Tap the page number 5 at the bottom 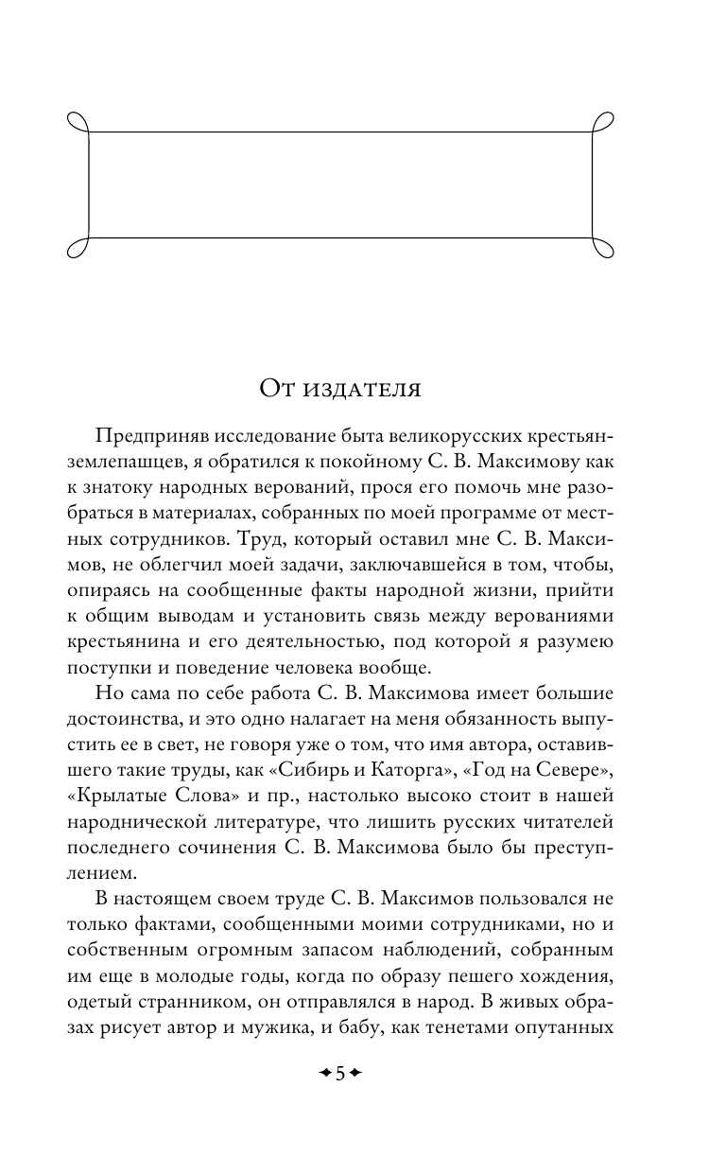pos(339,1074)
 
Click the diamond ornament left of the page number pos(324,1074)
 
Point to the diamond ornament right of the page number pos(355,1074)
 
